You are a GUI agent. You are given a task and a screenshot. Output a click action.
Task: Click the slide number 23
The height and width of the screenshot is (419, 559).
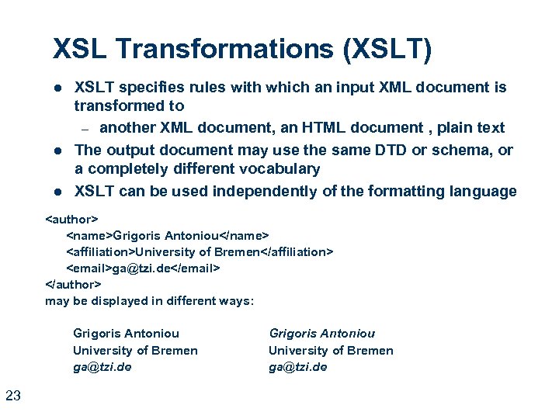(13, 396)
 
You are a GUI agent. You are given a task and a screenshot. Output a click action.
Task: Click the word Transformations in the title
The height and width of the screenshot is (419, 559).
(212, 50)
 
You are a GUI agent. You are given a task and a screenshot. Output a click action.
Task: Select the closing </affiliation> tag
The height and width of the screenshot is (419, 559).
(296, 251)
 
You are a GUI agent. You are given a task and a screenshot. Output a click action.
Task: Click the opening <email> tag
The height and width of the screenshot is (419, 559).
(89, 268)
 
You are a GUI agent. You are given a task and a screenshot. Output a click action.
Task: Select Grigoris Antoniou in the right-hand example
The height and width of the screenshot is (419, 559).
(321, 334)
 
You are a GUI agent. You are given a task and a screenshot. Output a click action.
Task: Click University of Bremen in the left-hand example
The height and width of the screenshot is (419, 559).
(135, 351)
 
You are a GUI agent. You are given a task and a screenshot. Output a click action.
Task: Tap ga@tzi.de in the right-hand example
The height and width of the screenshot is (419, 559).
(297, 367)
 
